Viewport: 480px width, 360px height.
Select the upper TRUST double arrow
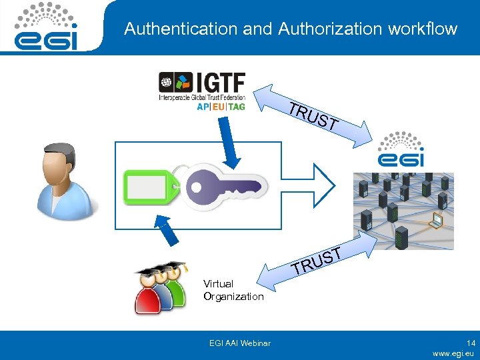317,117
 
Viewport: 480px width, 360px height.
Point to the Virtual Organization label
233,290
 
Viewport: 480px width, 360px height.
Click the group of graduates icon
160,287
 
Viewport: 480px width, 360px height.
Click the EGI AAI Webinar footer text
239,343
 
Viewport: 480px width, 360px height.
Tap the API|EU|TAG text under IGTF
221,107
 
